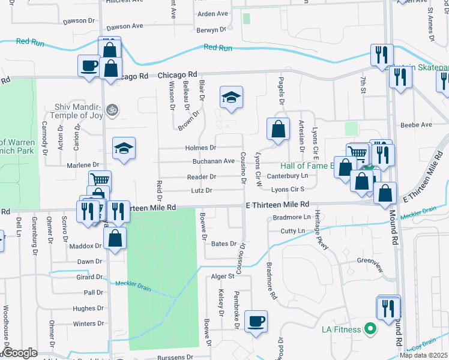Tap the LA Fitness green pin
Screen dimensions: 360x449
[x=370, y=329]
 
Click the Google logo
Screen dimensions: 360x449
[x=20, y=353]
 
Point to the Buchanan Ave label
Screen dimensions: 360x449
[x=213, y=161]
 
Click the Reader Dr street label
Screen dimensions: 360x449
[x=201, y=177]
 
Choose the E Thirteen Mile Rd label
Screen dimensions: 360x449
[x=277, y=205]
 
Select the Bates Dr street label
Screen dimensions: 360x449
[x=224, y=244]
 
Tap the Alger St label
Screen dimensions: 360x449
[x=222, y=276]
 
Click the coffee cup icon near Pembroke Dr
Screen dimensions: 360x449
[x=256, y=321]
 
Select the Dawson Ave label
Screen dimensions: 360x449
[x=124, y=27]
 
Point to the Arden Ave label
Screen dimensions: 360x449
[x=212, y=13]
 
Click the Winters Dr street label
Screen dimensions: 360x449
[x=84, y=324]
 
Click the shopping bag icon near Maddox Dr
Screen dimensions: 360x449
[x=115, y=238]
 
